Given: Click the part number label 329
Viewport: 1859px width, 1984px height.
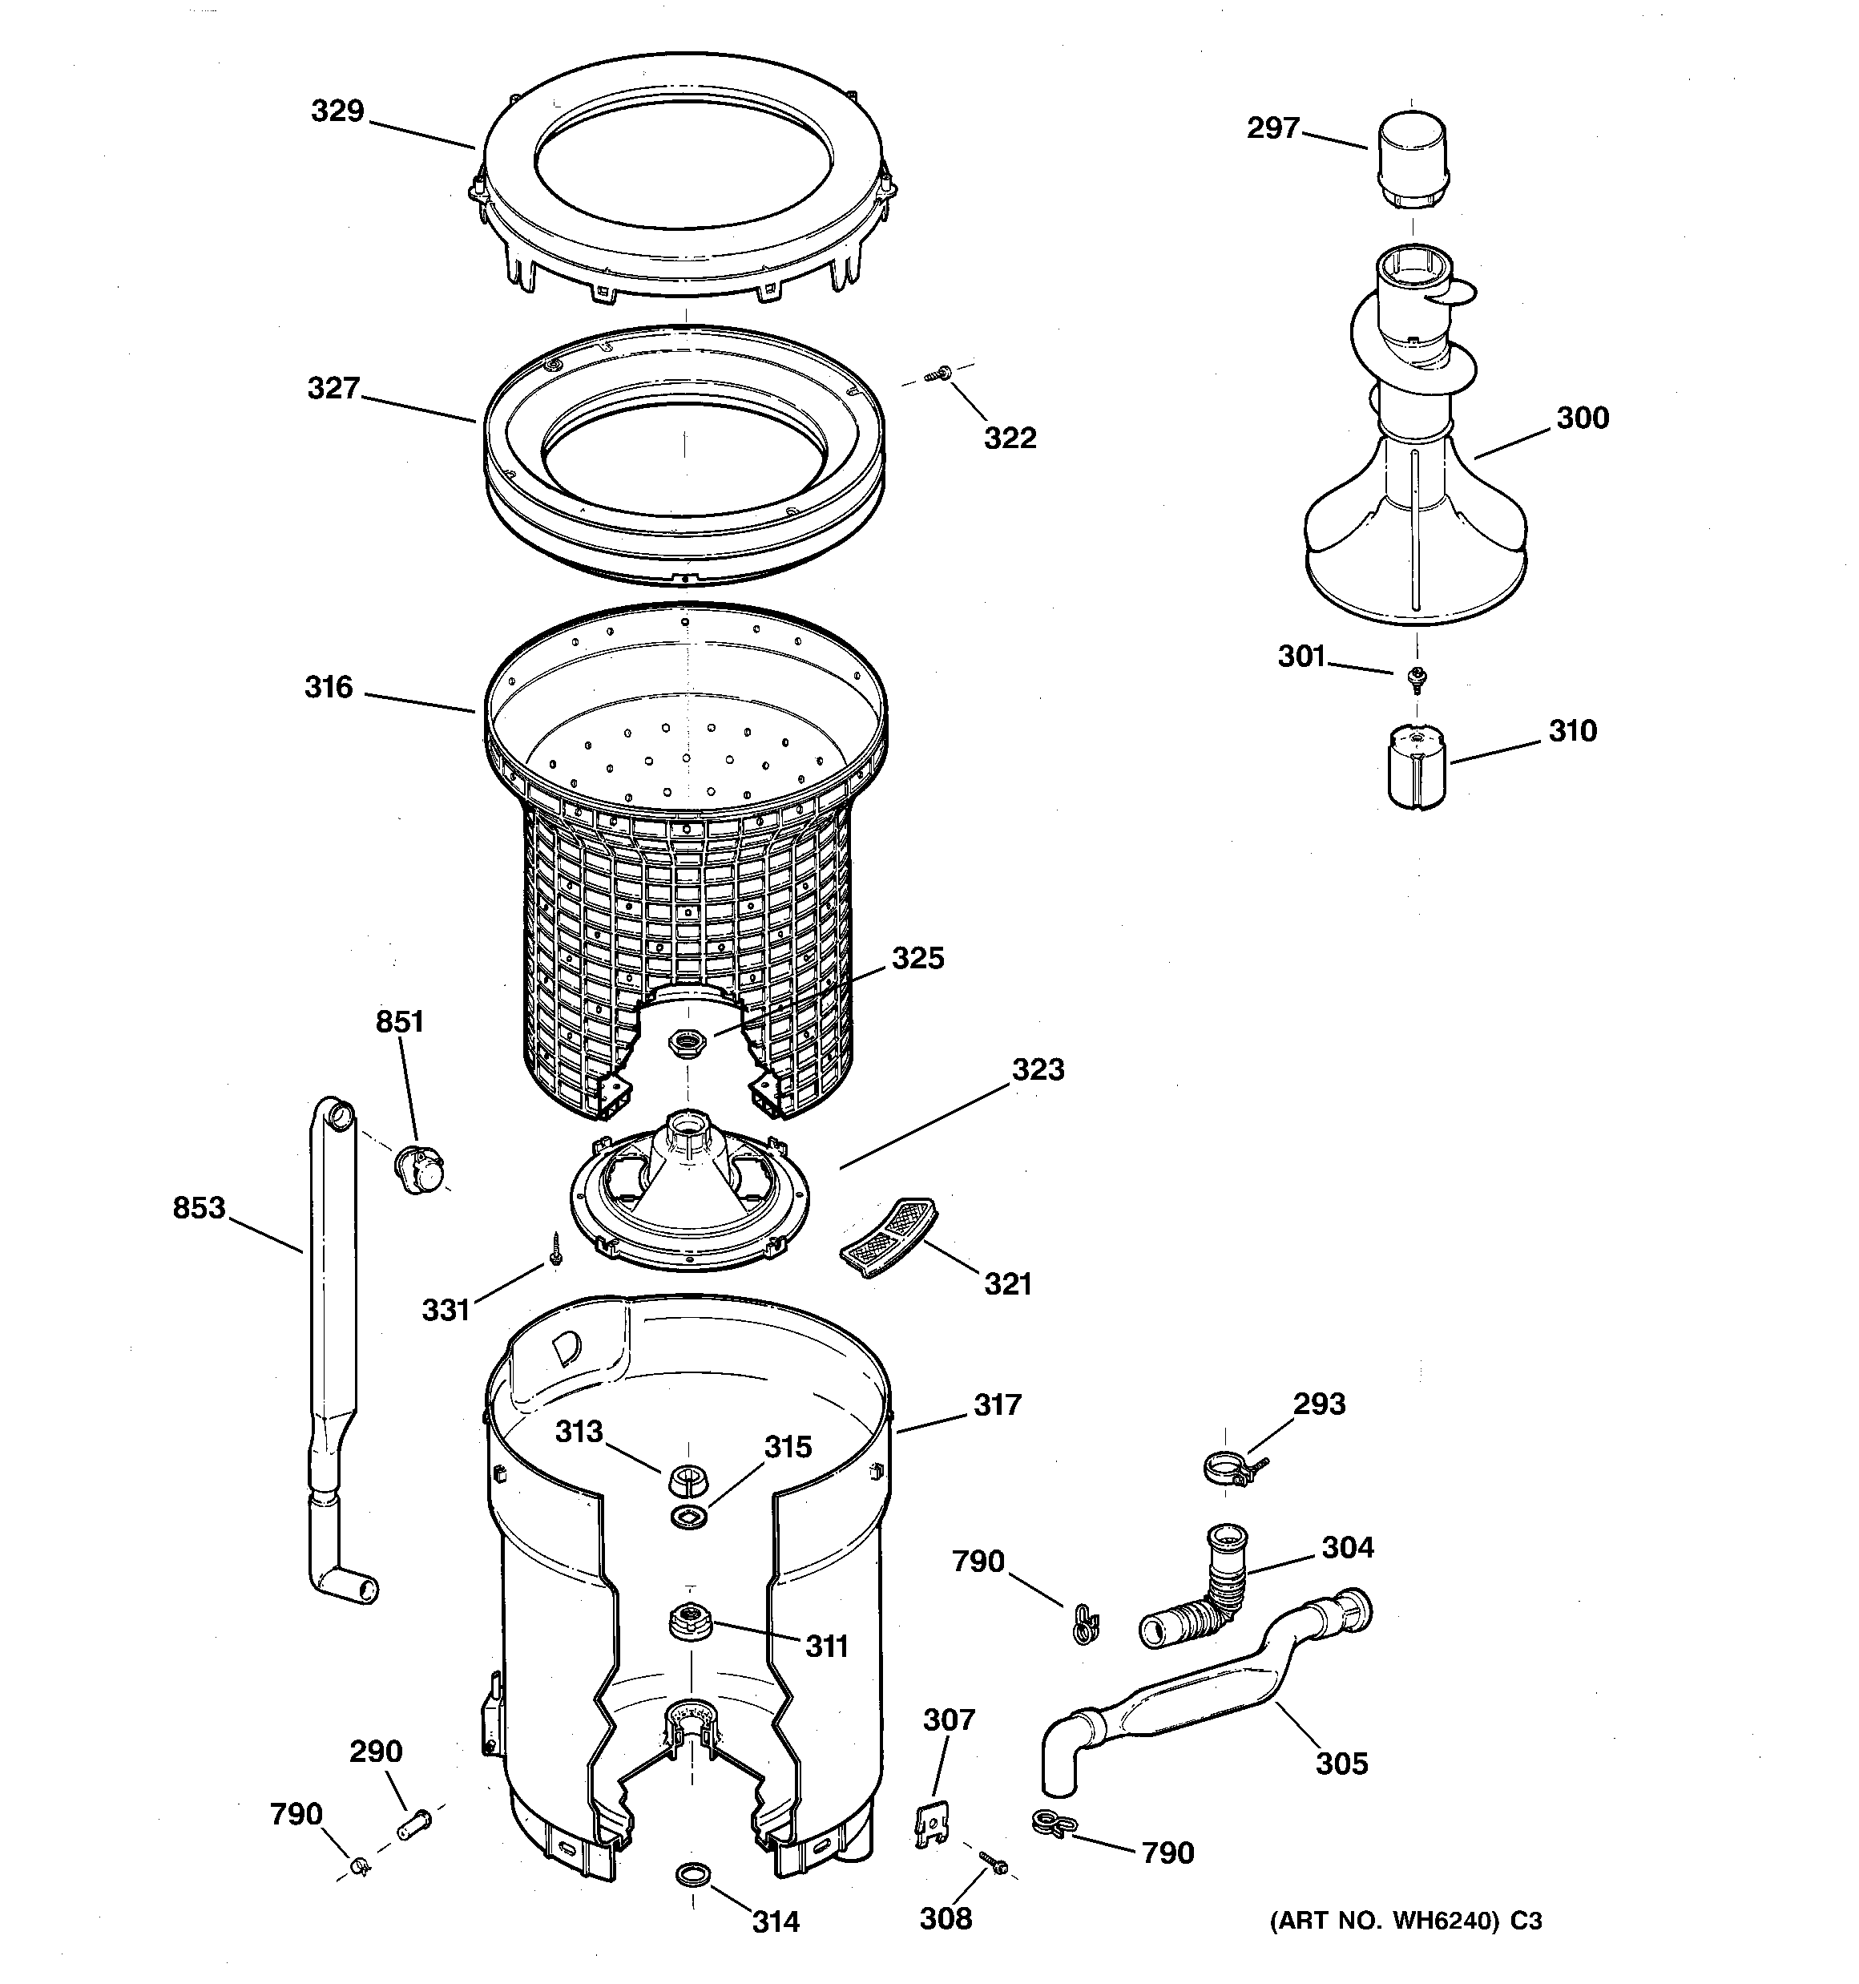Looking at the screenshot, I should tap(337, 111).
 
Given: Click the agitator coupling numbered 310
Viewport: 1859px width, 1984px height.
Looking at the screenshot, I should tap(1416, 766).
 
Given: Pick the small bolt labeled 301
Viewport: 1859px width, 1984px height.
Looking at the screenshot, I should tap(1415, 679).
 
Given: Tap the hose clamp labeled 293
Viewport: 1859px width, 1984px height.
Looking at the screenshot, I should tap(1232, 1468).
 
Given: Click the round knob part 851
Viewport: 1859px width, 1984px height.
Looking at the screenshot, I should tap(420, 1170).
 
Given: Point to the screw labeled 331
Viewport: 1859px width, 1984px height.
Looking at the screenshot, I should tap(554, 1248).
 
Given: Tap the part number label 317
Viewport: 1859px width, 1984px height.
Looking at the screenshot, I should tap(997, 1405).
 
